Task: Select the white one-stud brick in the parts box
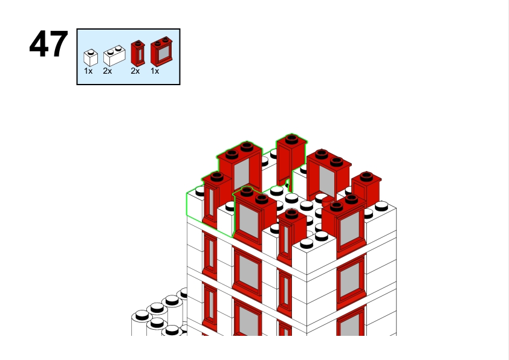coord(91,58)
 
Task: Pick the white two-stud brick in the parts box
coord(114,56)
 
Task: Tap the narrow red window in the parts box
coord(138,54)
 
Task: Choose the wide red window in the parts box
coord(161,52)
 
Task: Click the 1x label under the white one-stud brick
coord(88,71)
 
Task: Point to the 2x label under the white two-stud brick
coord(108,71)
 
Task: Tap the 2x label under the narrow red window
coord(135,71)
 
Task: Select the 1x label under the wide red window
coord(155,71)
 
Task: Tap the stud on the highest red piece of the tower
coord(291,139)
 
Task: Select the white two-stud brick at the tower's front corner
coord(314,256)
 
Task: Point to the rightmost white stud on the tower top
coord(381,206)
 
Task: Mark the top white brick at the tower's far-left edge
coord(195,204)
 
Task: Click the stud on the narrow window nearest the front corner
coord(291,214)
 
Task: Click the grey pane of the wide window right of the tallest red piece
coord(327,180)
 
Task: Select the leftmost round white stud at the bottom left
coord(142,315)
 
